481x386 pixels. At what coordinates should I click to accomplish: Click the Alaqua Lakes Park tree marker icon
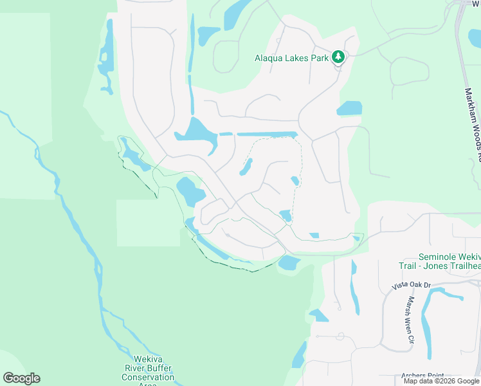tap(338, 57)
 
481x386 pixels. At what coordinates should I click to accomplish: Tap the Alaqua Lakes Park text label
tap(292, 58)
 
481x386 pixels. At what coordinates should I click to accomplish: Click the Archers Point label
tap(422, 376)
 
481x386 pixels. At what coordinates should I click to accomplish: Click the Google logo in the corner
tap(21, 378)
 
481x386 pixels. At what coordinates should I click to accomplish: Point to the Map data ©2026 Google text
tap(441, 381)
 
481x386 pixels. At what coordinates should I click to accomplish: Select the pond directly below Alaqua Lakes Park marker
tap(349, 108)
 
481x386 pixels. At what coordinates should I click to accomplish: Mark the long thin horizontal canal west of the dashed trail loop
tap(266, 134)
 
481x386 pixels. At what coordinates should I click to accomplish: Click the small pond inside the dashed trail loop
tap(245, 167)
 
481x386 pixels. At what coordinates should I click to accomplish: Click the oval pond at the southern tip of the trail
tap(289, 262)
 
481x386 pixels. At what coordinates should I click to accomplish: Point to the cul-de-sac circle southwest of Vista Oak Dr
tap(340, 336)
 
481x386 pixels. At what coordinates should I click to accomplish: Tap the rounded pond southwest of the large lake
tap(189, 192)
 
